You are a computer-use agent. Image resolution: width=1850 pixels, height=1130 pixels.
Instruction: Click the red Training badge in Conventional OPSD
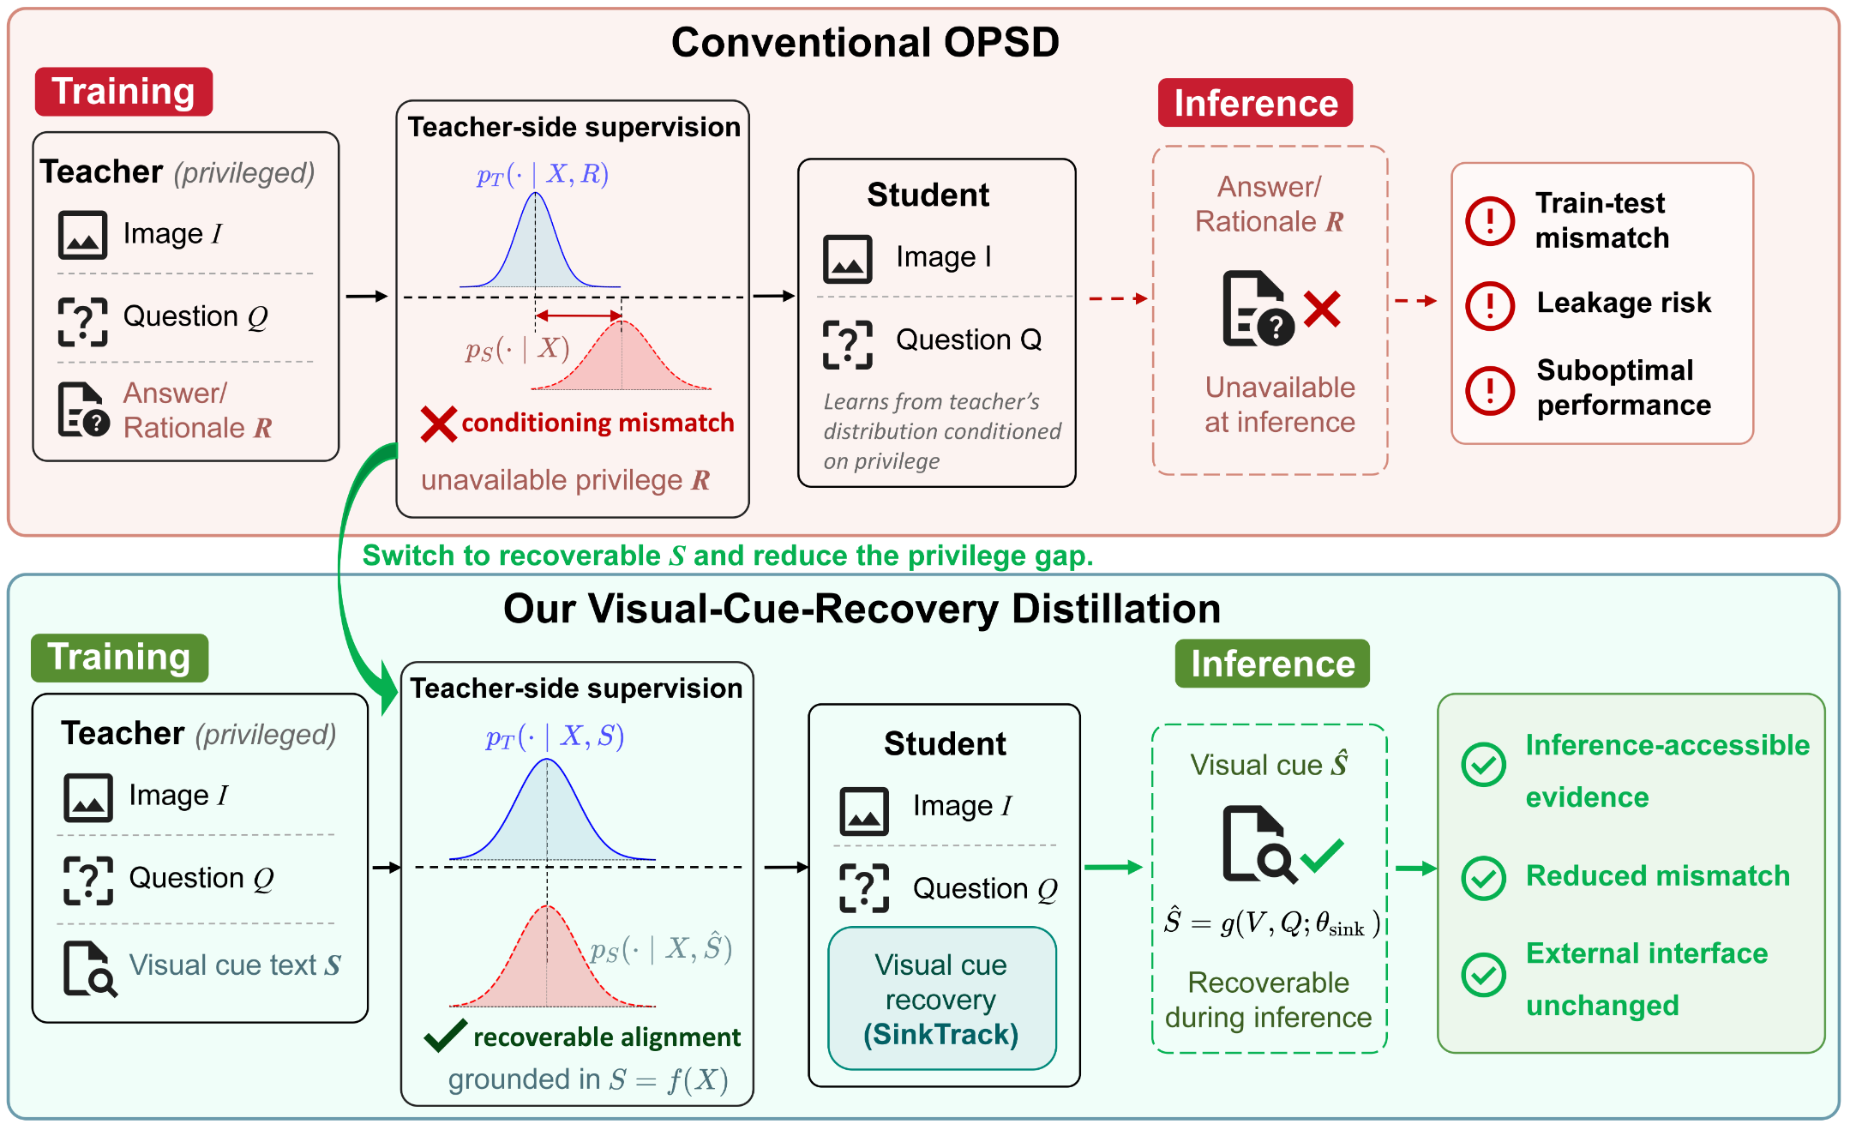(123, 92)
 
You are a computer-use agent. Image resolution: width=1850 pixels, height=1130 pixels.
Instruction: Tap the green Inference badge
(1272, 664)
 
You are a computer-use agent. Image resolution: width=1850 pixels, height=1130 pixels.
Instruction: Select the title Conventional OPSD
(865, 42)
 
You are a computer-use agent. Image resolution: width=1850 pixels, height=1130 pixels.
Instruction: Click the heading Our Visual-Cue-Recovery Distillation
(862, 609)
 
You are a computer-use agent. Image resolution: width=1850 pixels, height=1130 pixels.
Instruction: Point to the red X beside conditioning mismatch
(438, 424)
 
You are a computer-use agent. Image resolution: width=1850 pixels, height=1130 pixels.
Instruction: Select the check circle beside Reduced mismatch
(1483, 878)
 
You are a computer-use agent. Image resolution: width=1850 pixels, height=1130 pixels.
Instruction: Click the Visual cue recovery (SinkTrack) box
(941, 999)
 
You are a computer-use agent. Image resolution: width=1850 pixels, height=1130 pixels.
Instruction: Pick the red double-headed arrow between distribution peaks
(579, 316)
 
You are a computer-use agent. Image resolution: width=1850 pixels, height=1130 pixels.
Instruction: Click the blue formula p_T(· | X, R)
(543, 175)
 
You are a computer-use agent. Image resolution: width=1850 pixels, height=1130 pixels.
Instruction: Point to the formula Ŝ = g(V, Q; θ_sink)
(1271, 923)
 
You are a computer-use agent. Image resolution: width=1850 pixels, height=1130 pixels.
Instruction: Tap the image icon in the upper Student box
(847, 259)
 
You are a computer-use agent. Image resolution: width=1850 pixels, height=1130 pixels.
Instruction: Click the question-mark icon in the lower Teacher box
(88, 881)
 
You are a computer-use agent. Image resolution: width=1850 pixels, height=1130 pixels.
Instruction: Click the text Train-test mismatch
(1601, 220)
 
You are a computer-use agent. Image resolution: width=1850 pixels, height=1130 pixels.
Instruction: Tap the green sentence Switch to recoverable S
(727, 556)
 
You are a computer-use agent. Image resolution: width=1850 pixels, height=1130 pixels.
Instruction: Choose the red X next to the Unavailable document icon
(1322, 310)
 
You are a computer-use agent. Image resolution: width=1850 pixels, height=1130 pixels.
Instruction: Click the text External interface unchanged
(1646, 979)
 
